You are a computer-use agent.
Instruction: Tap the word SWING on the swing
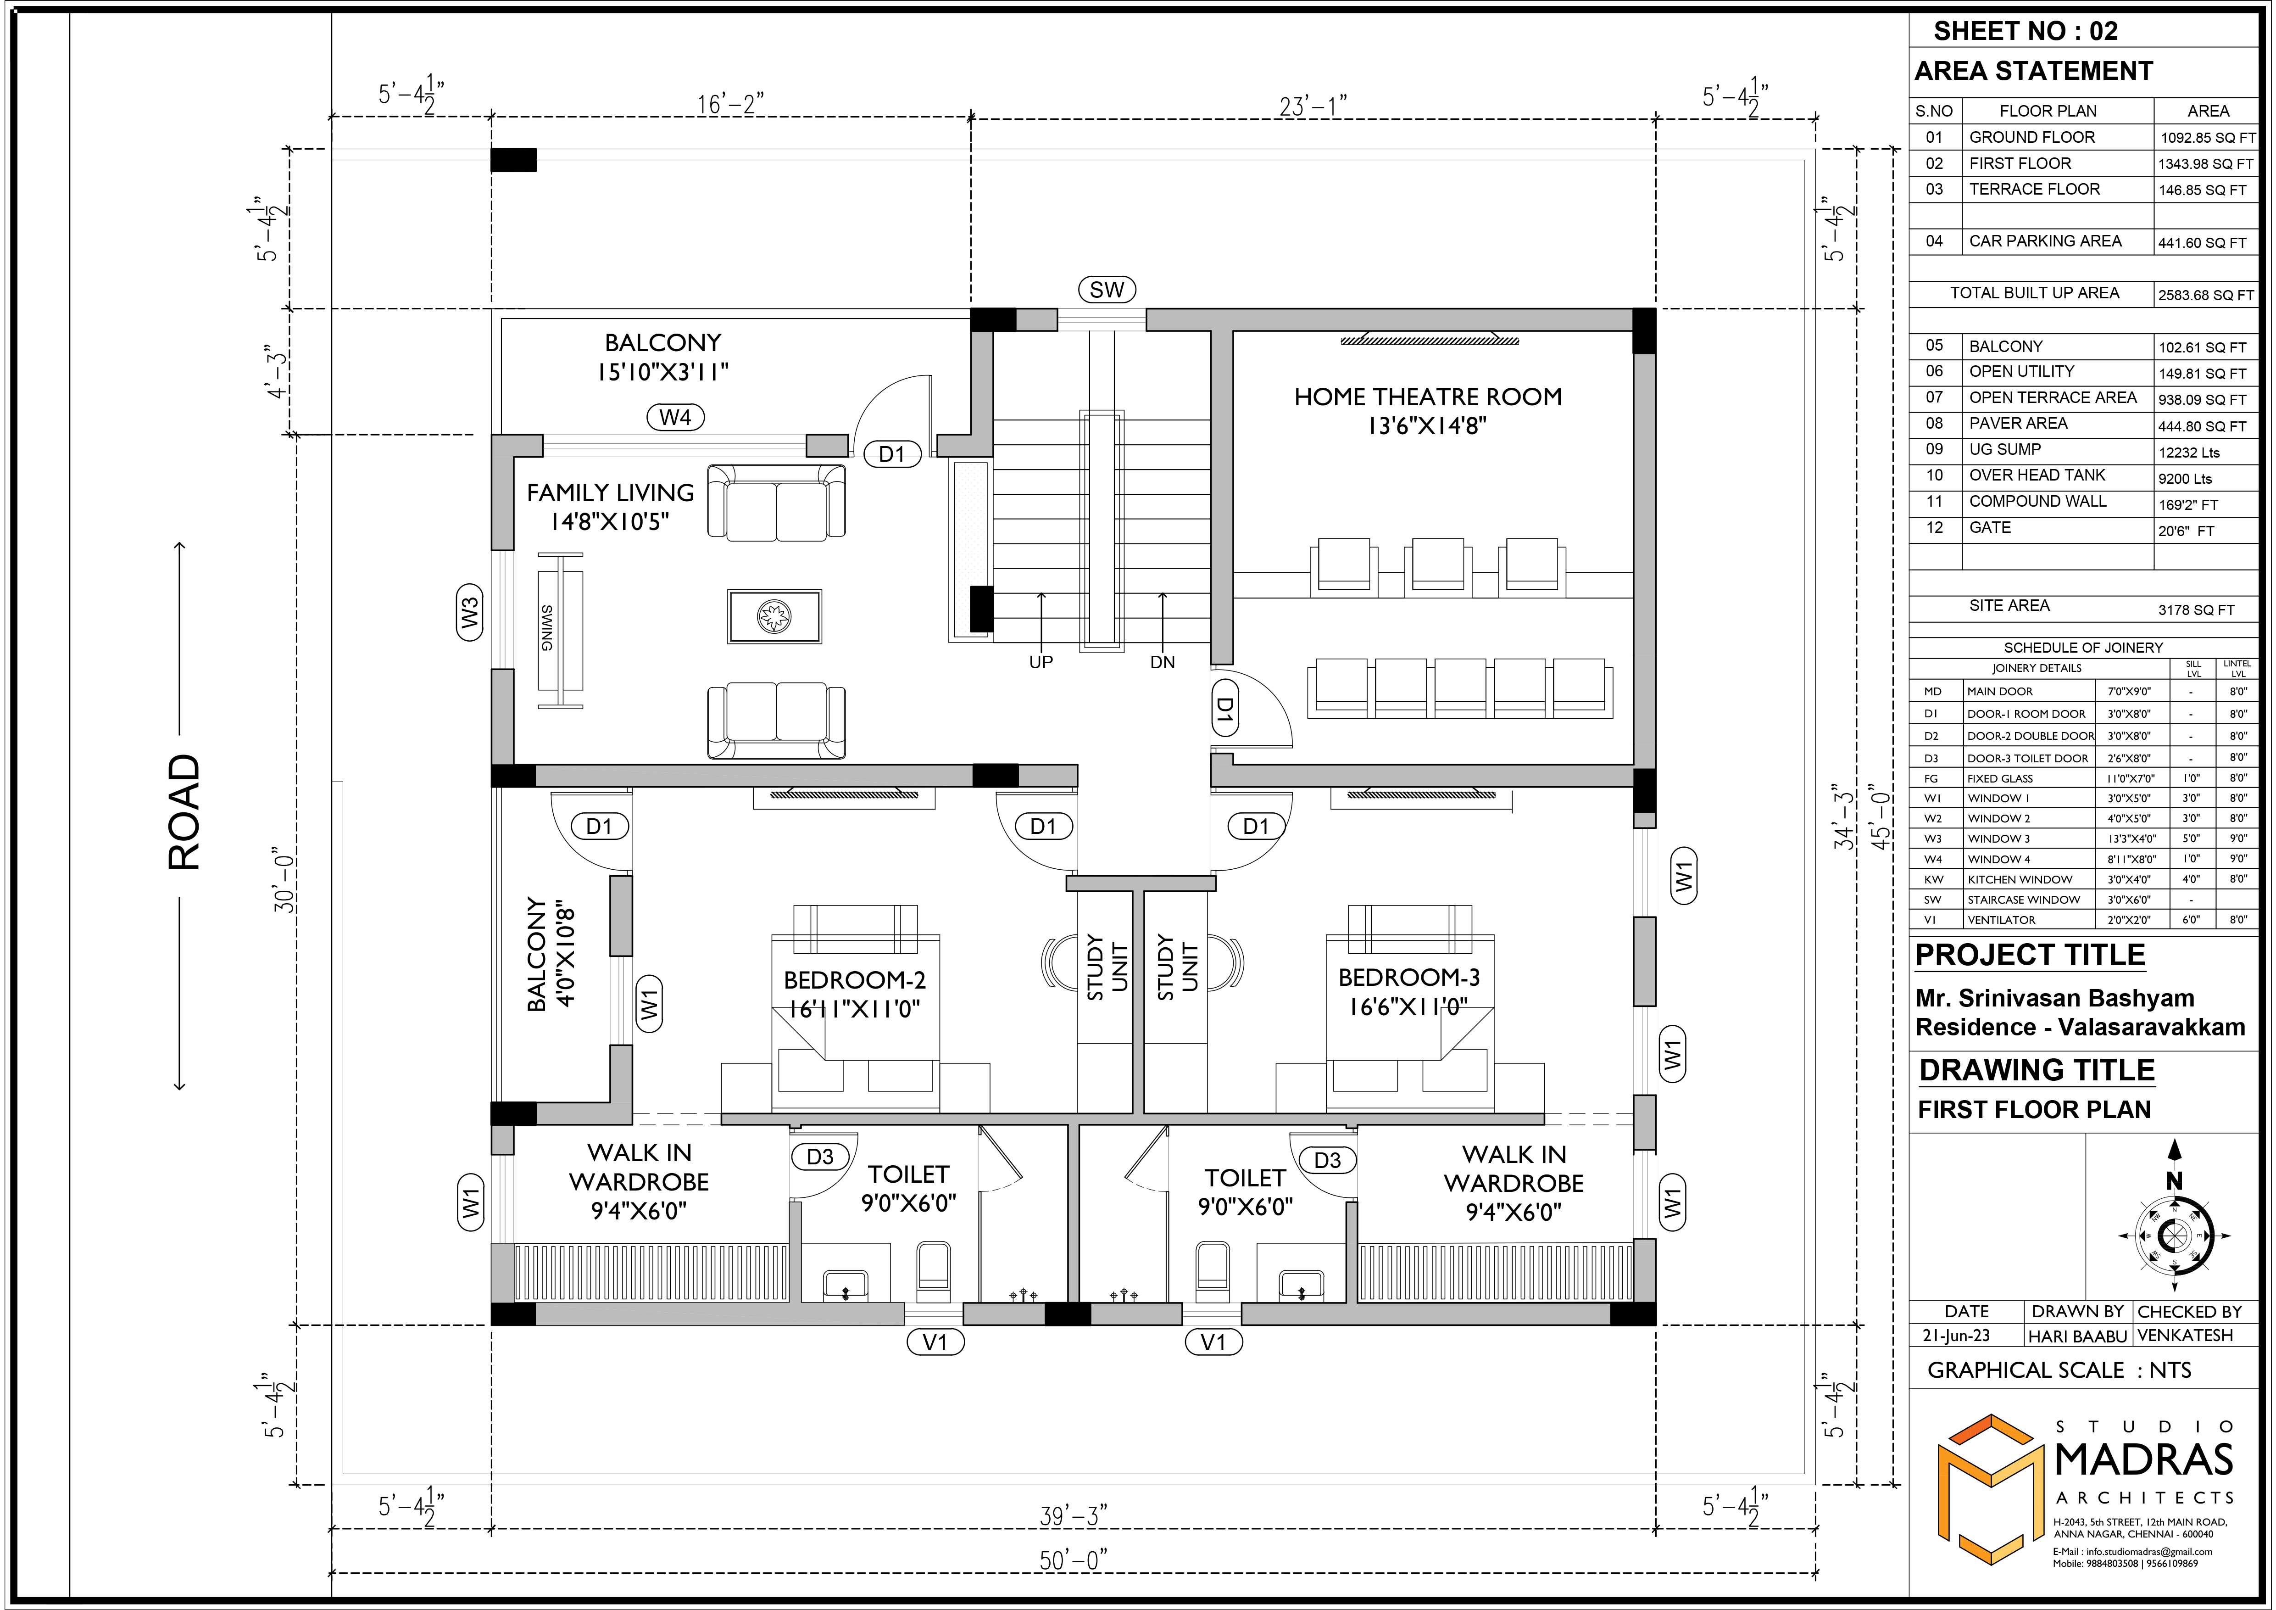pos(547,627)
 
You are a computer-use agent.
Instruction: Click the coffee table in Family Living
pos(774,617)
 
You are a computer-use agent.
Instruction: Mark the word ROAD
pos(184,813)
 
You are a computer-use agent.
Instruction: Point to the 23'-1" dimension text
pos(1313,105)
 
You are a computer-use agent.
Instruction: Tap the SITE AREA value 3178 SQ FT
pos(2197,609)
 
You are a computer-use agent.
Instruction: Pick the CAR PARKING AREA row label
pos(2045,241)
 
